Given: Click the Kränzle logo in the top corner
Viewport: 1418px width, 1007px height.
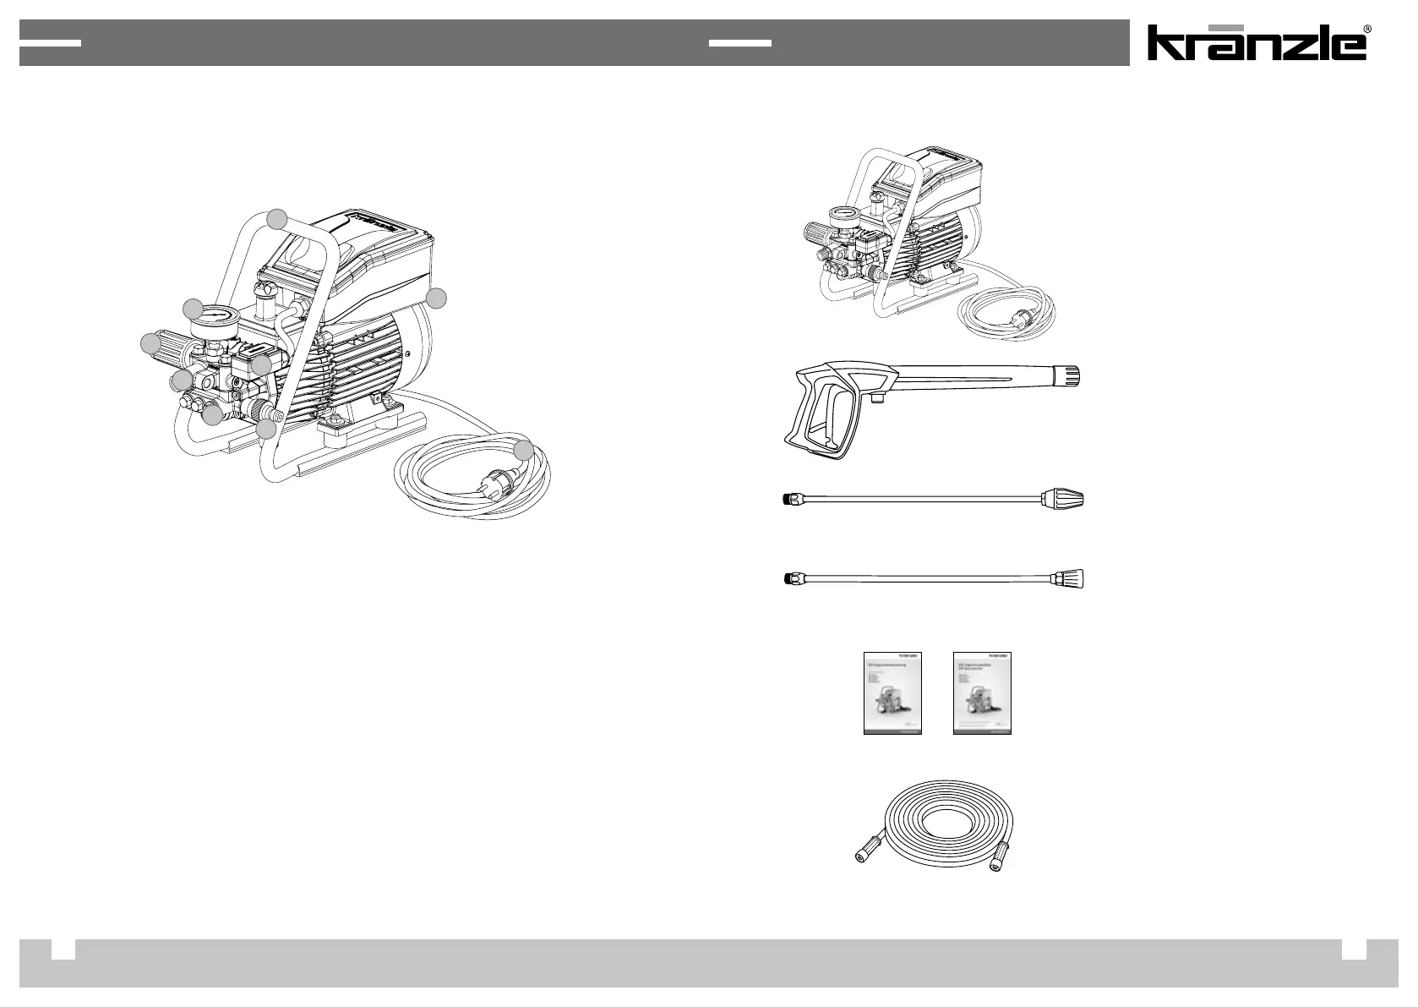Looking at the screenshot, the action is pos(1256,43).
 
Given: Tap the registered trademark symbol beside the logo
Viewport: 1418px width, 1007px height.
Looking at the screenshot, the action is pos(1367,30).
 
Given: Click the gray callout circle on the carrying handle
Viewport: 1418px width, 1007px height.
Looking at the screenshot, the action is pos(276,219).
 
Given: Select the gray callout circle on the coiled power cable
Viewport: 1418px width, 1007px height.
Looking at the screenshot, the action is pos(525,450).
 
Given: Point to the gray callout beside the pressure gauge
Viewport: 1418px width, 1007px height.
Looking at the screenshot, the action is pos(194,309).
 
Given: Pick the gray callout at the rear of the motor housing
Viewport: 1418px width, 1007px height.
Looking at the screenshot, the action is pos(436,298).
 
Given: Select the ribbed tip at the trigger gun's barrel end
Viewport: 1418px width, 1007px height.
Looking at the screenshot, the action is pos(1072,375).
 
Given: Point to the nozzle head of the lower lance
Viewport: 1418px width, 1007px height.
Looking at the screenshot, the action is pos(1069,579).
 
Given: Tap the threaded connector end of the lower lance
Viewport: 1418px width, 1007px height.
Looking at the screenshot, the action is pos(789,579).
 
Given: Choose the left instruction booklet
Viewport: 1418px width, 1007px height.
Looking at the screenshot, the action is pos(892,692).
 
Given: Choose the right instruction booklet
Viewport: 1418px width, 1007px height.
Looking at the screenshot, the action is pos(982,692).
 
